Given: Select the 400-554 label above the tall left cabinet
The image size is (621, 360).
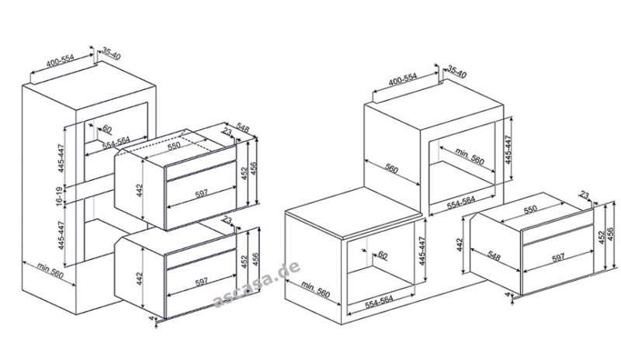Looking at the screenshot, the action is (61, 60).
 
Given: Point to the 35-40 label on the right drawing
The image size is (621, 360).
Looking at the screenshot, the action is (457, 71).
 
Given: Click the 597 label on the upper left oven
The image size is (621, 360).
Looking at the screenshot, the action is (202, 193).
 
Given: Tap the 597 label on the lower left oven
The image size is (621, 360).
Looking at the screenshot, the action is (202, 282).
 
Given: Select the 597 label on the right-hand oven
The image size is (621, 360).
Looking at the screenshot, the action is (558, 258).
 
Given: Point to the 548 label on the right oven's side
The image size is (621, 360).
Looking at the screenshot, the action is (494, 256).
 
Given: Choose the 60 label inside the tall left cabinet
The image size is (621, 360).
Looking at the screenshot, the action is (107, 128).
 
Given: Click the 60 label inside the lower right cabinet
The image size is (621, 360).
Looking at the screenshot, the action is (382, 254).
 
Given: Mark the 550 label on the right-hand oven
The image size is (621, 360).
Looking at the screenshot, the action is (530, 209).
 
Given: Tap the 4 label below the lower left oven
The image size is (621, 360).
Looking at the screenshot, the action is (151, 317).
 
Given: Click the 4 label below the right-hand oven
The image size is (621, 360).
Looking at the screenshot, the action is (508, 295).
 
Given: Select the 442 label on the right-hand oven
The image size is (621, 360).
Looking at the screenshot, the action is (460, 244).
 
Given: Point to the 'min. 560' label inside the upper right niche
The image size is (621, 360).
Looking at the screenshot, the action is (470, 156).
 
